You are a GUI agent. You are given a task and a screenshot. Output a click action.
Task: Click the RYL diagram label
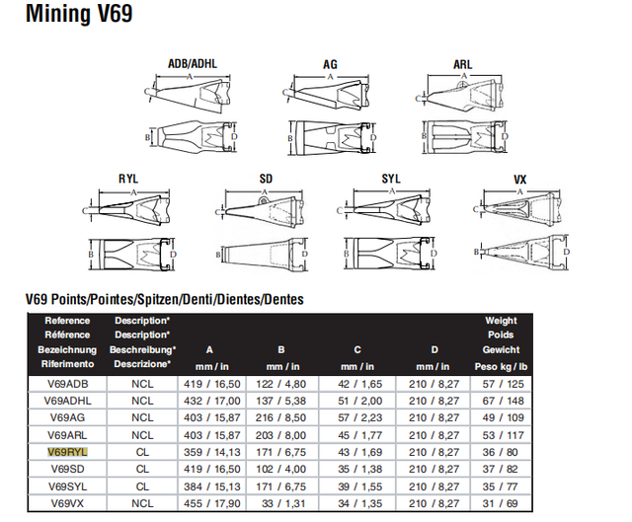pyautogui.click(x=127, y=179)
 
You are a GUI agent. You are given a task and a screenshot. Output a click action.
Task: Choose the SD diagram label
pyautogui.click(x=266, y=179)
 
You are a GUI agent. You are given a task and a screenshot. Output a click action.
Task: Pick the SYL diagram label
pyautogui.click(x=392, y=179)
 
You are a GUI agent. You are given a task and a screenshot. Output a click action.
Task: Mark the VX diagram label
pyautogui.click(x=520, y=179)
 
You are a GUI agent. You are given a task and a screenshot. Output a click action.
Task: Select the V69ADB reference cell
pyautogui.click(x=68, y=383)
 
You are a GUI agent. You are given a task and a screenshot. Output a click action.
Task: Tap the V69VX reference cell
pyautogui.click(x=68, y=502)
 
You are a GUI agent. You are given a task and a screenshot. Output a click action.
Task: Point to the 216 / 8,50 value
pyautogui.click(x=281, y=417)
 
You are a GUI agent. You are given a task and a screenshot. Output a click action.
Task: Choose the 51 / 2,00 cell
pyautogui.click(x=358, y=401)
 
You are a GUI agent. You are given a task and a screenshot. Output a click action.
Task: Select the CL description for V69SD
pyautogui.click(x=142, y=469)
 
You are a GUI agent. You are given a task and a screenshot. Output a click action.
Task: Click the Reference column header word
pyautogui.click(x=67, y=321)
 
